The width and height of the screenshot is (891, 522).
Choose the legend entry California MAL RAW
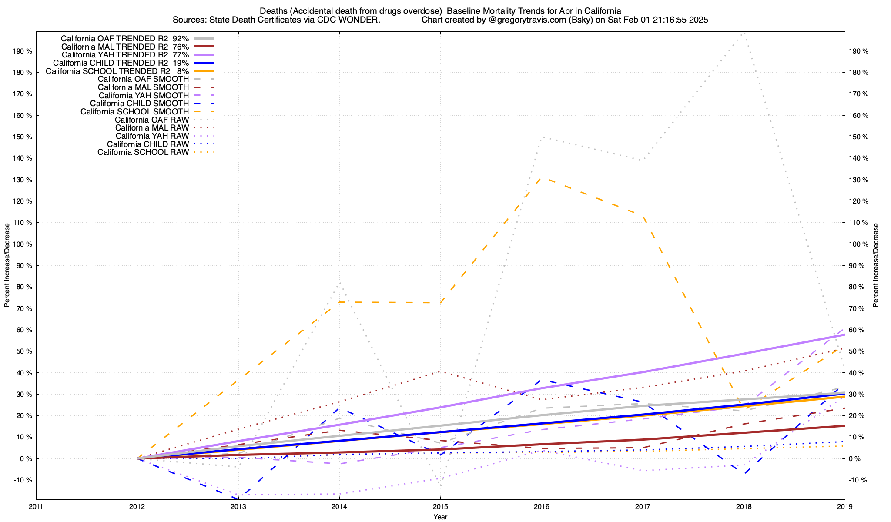pos(152,128)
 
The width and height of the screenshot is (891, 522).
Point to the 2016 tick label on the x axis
pos(541,506)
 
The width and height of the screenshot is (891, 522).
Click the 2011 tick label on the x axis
pos(36,506)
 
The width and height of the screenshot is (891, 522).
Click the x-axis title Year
pos(440,517)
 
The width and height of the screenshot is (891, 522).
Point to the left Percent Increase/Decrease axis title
pos(7,265)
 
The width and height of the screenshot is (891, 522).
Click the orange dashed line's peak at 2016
pos(541,178)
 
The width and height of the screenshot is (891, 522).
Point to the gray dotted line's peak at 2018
pos(744,33)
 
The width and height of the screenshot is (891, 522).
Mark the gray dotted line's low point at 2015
pos(440,485)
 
